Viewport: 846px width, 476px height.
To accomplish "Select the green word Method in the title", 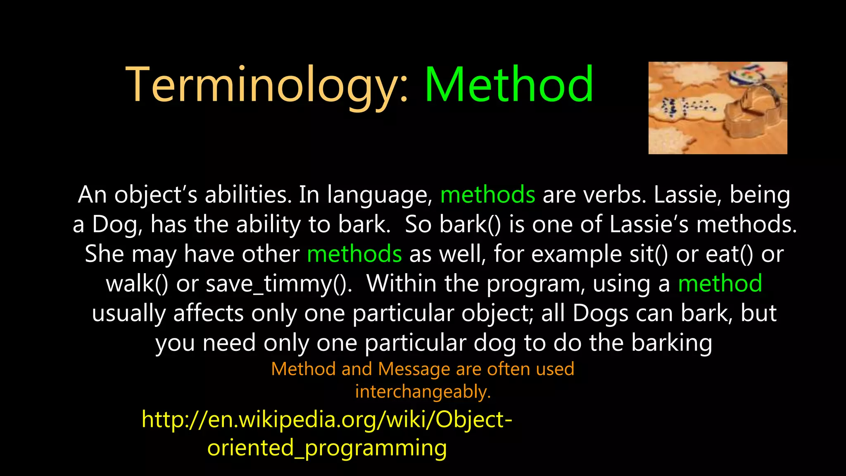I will (x=509, y=85).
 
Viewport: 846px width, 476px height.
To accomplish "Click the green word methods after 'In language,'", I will (x=487, y=195).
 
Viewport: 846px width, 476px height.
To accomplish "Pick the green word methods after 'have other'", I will (x=354, y=254).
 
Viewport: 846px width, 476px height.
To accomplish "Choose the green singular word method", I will (x=720, y=283).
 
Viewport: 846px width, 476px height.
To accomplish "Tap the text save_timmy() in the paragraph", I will (x=278, y=284).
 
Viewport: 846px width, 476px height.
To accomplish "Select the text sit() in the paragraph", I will (x=649, y=254).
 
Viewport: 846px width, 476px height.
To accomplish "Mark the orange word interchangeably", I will (x=423, y=391).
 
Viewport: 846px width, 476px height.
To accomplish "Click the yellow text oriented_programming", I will (x=327, y=448).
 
